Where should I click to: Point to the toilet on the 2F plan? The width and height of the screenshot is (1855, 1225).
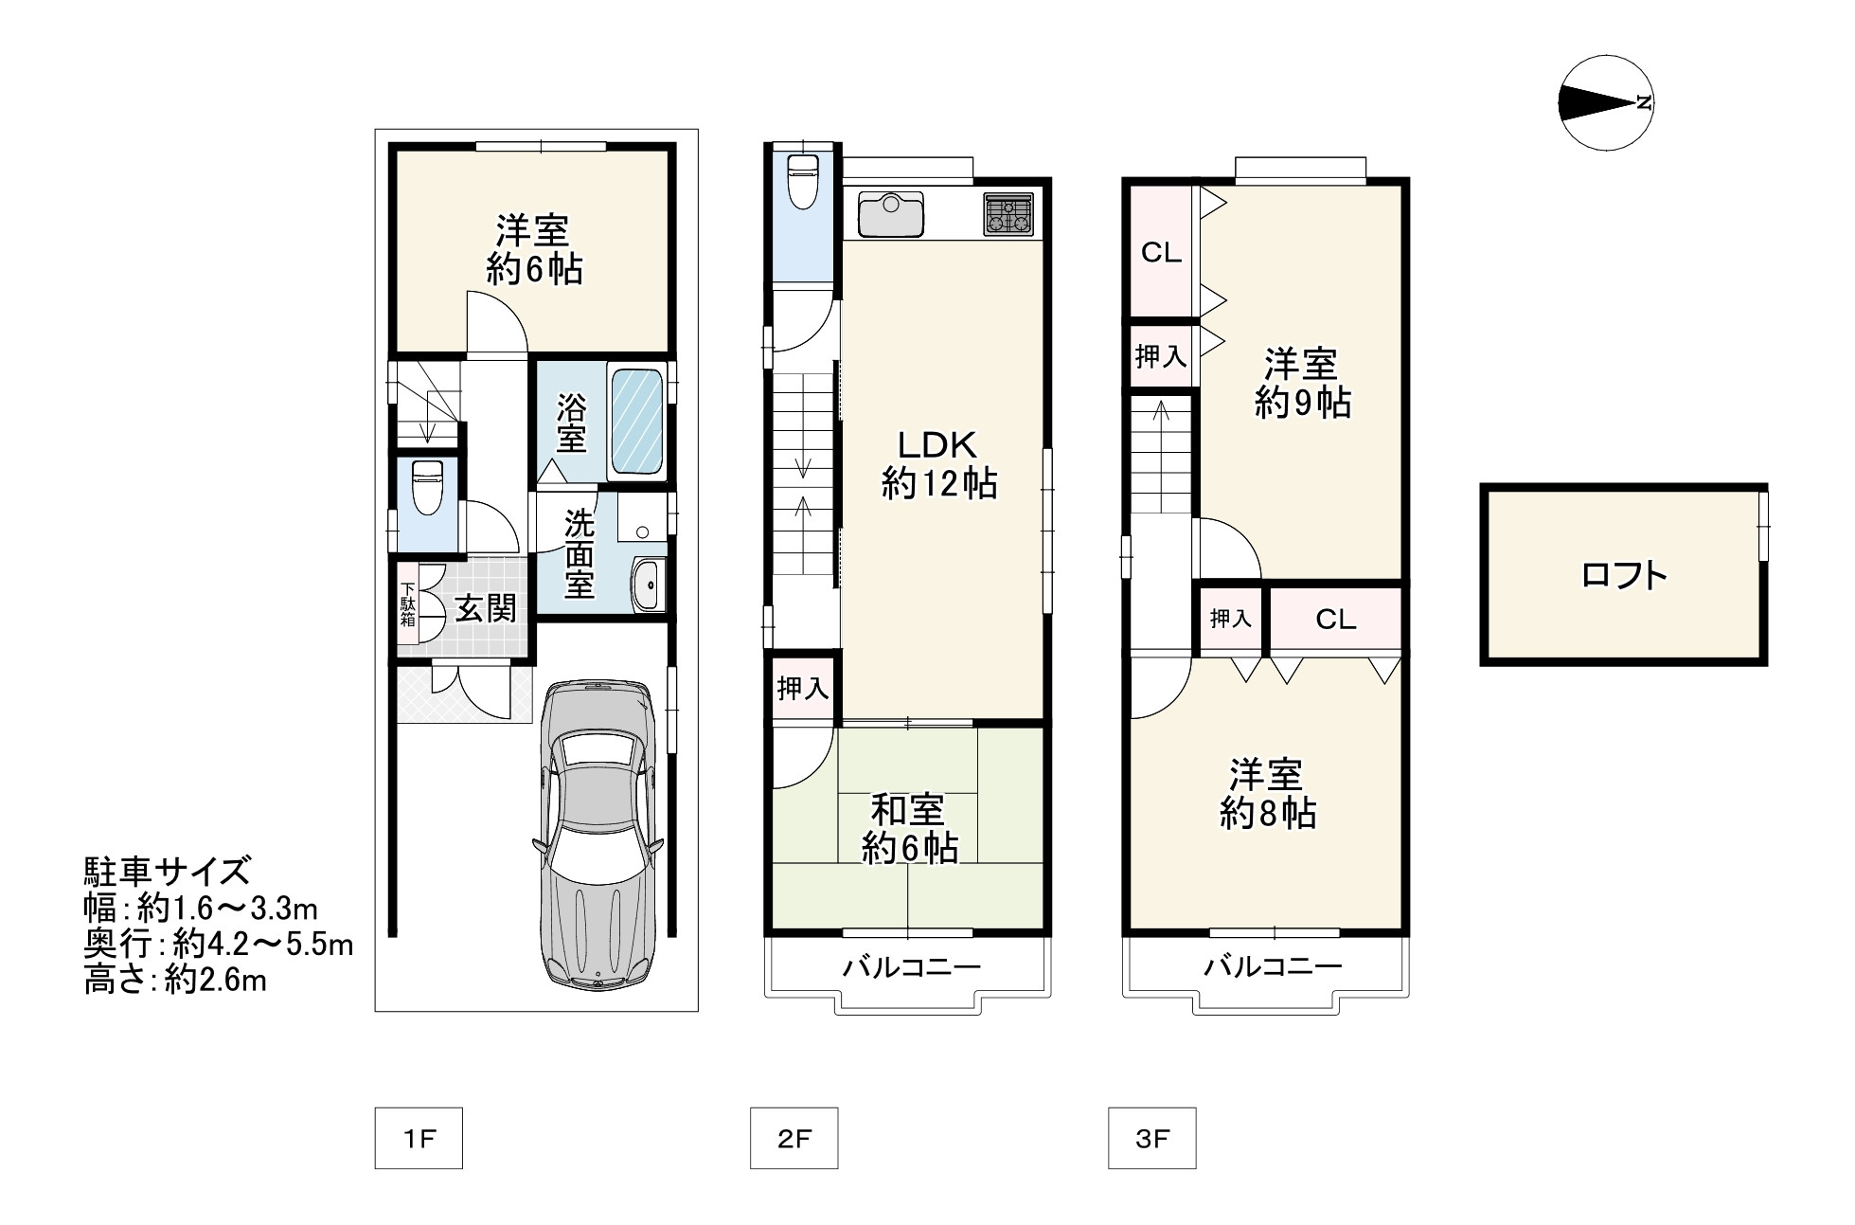pyautogui.click(x=802, y=181)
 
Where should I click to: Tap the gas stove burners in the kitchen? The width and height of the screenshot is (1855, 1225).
pyautogui.click(x=1009, y=214)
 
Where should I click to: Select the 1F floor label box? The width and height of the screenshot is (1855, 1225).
pyautogui.click(x=419, y=1138)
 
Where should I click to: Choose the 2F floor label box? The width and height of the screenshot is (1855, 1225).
pyautogui.click(x=794, y=1138)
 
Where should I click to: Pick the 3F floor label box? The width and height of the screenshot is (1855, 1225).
pyautogui.click(x=1151, y=1138)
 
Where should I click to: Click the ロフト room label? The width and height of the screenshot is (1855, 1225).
pyautogui.click(x=1624, y=575)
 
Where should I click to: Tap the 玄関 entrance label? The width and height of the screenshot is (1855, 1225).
pyautogui.click(x=487, y=608)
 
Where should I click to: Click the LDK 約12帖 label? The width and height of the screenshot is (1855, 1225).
pyautogui.click(x=938, y=464)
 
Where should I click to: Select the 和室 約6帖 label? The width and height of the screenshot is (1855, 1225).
pyautogui.click(x=908, y=829)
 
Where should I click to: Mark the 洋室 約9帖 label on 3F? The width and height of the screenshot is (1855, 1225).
pyautogui.click(x=1302, y=384)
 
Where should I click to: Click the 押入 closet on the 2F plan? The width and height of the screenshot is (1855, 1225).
pyautogui.click(x=803, y=688)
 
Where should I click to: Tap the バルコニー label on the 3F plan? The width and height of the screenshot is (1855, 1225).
pyautogui.click(x=1273, y=967)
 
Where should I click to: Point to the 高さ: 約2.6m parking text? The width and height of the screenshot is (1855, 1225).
pyautogui.click(x=176, y=981)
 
